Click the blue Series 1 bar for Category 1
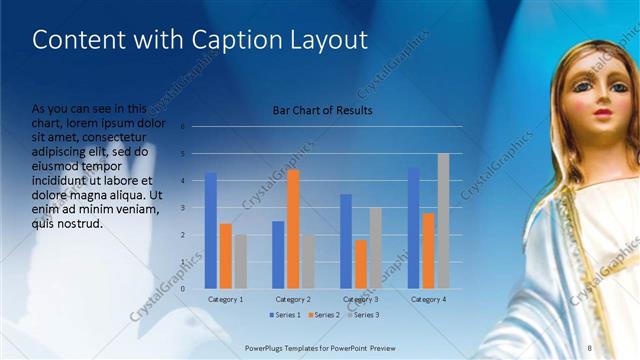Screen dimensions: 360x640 pos(211,231)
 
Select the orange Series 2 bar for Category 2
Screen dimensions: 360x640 pos(293,229)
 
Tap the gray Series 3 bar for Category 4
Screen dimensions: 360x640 pos(443,221)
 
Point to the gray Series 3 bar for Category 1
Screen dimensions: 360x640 pos(240,262)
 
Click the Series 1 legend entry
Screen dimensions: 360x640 pos(286,315)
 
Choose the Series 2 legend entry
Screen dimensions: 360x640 pos(324,315)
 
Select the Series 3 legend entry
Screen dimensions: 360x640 pos(362,315)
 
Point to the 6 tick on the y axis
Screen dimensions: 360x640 pos(182,127)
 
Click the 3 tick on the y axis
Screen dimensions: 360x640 pos(182,208)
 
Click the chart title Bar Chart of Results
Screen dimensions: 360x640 pos(322,111)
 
